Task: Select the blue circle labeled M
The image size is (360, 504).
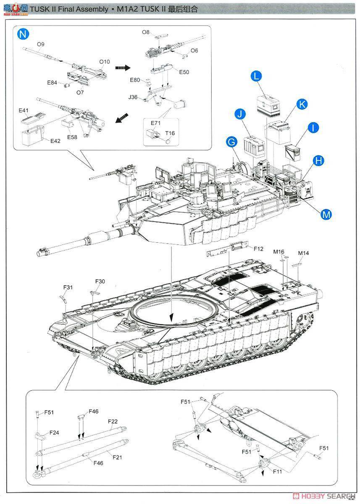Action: [326, 214]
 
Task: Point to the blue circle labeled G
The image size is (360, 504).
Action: [231, 142]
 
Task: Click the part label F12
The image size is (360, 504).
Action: [258, 249]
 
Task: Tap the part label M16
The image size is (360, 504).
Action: [279, 252]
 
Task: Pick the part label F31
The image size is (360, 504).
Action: [68, 287]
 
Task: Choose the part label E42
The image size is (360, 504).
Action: [55, 141]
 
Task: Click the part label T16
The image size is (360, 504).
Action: [170, 133]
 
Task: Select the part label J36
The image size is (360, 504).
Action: [133, 97]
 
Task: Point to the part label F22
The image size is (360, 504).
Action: [113, 421]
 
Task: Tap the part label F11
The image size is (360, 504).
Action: [277, 472]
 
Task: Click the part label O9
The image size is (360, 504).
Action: [41, 44]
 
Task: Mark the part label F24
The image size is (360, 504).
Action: [54, 432]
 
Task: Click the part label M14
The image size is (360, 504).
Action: [303, 253]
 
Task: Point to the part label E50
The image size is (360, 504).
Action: [184, 72]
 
